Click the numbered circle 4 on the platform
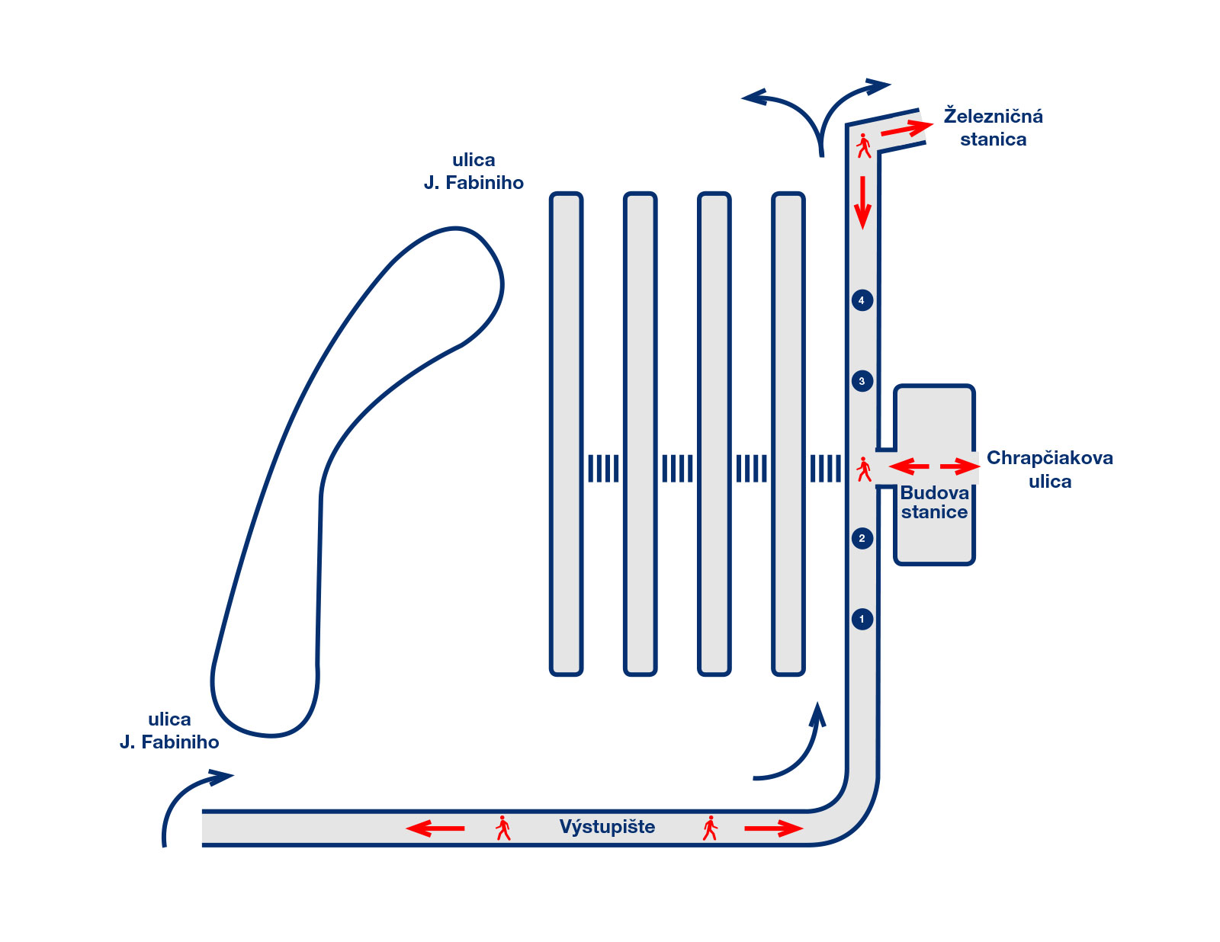pos(862,300)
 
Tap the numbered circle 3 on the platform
pos(862,381)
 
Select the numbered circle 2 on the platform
pos(862,538)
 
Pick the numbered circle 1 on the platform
pos(862,619)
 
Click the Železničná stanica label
pos(993,128)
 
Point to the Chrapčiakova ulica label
pos(1049,469)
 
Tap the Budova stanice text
pos(934,502)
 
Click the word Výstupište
pos(607,827)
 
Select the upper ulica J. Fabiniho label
pos(474,171)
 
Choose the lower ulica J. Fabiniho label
pos(169,731)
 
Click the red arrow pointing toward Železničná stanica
pos(907,129)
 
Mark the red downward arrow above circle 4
pos(862,202)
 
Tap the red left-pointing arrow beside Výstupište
pos(435,828)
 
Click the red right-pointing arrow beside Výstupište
pos(773,828)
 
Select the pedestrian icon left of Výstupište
pos(502,828)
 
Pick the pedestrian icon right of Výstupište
pos(710,828)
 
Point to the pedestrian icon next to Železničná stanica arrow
pos(863,146)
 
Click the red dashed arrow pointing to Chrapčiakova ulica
pos(959,466)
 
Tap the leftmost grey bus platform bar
pos(566,434)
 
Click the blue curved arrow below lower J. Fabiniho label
pos(187,800)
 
